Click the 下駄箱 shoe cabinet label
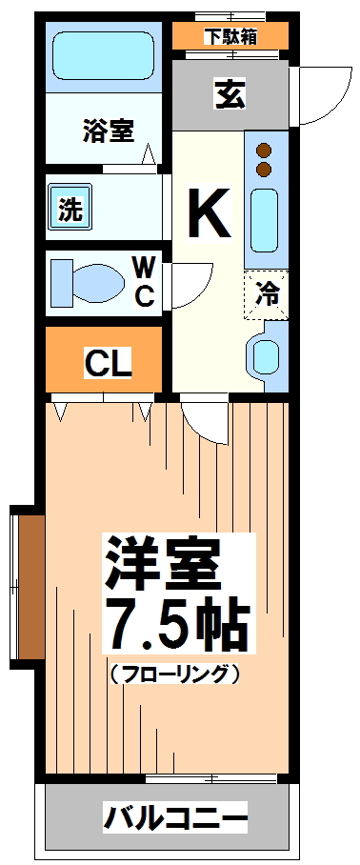[x=230, y=37]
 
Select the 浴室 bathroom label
[x=107, y=131]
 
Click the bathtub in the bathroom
[x=107, y=56]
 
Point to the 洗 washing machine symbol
[x=70, y=207]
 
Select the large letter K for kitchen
[x=209, y=213]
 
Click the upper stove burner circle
[x=264, y=151]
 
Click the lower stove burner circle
[x=264, y=170]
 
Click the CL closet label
[x=108, y=363]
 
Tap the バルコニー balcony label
[x=176, y=817]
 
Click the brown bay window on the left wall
[x=30, y=588]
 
